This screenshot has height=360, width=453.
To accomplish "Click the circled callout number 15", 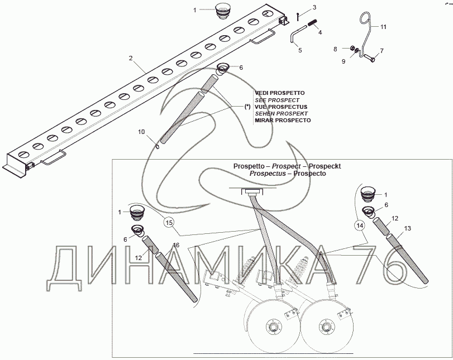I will coord(168,223).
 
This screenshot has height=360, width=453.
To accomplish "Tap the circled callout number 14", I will coord(359,225).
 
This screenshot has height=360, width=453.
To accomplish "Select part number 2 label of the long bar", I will coord(130,58).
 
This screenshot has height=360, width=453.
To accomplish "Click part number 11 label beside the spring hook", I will coord(384,26).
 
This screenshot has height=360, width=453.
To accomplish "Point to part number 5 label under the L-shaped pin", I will coord(299,50).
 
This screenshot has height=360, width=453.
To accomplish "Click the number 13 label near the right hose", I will coord(407,228).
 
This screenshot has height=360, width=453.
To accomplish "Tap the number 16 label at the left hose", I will coord(177,244).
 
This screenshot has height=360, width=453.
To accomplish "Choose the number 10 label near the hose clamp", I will coord(141,132).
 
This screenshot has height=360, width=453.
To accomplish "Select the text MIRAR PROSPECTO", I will coord(283,120).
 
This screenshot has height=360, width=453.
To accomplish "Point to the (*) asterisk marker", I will coord(247,106).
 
